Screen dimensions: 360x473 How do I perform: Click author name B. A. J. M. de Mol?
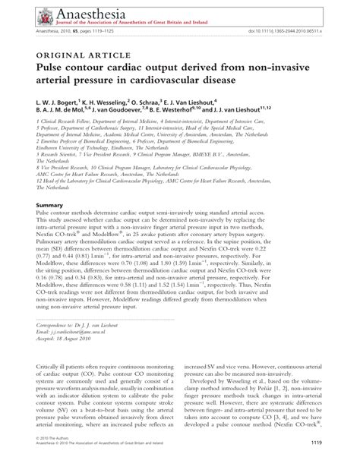pos(70,111)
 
